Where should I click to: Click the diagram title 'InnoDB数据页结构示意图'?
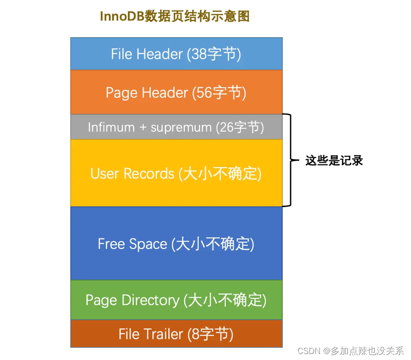coord(175,17)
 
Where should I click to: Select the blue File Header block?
coord(176,54)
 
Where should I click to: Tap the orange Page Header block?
coord(176,92)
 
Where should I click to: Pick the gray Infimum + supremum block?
coord(176,127)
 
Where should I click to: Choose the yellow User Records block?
coord(176,173)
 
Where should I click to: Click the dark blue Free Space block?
coord(176,243)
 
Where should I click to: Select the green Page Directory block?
coord(176,300)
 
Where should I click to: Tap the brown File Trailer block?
coord(176,334)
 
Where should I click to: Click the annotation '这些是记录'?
coord(334,161)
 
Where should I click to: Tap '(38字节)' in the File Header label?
coord(214,54)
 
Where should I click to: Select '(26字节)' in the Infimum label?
coord(240,127)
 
